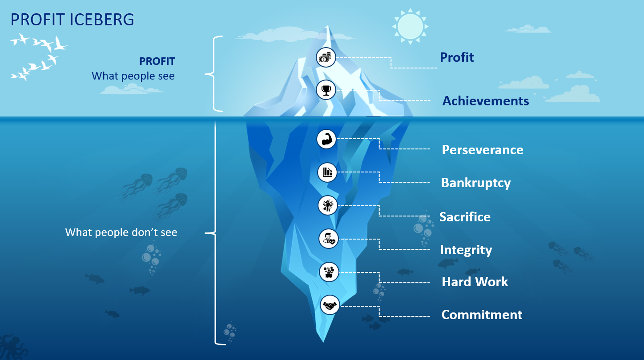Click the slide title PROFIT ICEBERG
(72, 20)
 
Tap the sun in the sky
(409, 26)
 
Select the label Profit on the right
(457, 57)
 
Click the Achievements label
(485, 101)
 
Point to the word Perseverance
(482, 150)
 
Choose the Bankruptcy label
(475, 183)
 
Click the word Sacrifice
(465, 217)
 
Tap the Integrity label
(466, 250)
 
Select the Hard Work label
(475, 282)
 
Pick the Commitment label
(482, 315)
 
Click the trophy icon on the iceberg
(326, 90)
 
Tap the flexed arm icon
(326, 139)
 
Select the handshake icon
(330, 305)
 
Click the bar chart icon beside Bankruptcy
(327, 172)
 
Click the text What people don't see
(121, 232)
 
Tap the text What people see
(133, 76)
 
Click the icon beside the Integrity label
(329, 239)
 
